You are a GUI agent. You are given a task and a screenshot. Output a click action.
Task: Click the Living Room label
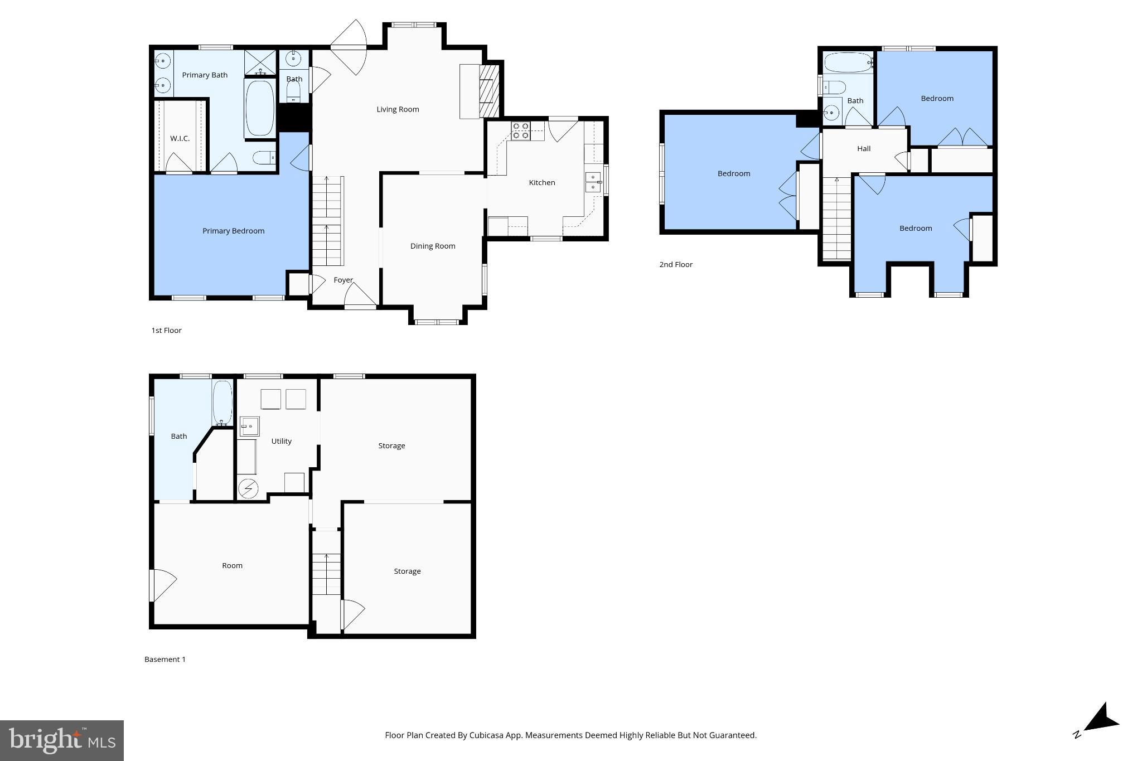(x=398, y=109)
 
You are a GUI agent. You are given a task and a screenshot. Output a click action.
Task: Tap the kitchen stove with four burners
(x=521, y=130)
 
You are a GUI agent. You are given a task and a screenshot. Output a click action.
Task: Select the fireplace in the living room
(x=488, y=91)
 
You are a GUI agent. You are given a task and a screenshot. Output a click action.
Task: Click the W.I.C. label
(x=180, y=138)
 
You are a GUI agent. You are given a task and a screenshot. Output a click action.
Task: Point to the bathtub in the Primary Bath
(x=260, y=109)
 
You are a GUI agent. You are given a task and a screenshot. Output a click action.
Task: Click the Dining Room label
(x=433, y=246)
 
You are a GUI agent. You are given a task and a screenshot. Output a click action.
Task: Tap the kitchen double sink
(x=593, y=183)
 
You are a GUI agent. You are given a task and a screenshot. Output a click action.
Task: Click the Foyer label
(x=343, y=280)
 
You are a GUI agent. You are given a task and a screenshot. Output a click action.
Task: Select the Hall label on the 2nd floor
(x=864, y=148)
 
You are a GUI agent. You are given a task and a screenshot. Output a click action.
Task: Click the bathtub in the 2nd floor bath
(x=847, y=63)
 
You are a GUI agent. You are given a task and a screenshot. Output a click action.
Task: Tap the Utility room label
(x=281, y=441)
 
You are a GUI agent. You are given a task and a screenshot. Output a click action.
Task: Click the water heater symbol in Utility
(x=248, y=489)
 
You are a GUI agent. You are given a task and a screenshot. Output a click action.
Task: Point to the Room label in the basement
(x=232, y=565)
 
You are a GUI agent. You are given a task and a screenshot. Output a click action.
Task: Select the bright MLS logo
(x=62, y=740)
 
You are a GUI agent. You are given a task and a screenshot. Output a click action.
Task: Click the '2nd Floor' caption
(x=676, y=264)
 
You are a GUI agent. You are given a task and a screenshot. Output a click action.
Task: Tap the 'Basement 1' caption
(x=164, y=659)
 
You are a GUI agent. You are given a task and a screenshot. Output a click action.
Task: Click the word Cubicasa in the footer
(x=483, y=735)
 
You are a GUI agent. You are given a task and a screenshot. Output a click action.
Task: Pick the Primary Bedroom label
(x=233, y=231)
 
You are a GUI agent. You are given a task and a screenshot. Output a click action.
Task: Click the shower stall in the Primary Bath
(x=260, y=62)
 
